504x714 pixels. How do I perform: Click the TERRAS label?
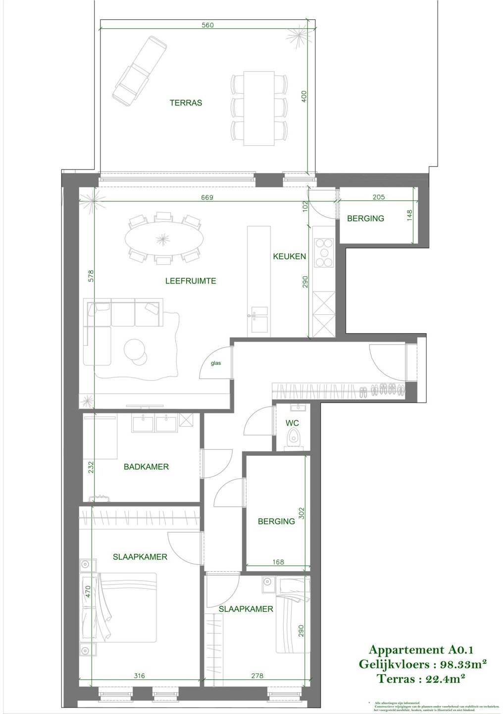186,103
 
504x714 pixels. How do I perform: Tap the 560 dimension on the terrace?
208,25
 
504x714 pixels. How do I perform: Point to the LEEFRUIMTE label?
191,281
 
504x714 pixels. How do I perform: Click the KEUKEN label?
290,256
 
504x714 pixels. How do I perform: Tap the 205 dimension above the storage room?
378,197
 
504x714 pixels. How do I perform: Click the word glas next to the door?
216,363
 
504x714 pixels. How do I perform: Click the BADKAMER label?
146,467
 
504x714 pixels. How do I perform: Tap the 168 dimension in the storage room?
278,562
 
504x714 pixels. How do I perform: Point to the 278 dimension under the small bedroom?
257,675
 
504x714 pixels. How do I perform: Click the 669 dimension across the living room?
207,197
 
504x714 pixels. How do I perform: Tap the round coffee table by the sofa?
134,349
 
